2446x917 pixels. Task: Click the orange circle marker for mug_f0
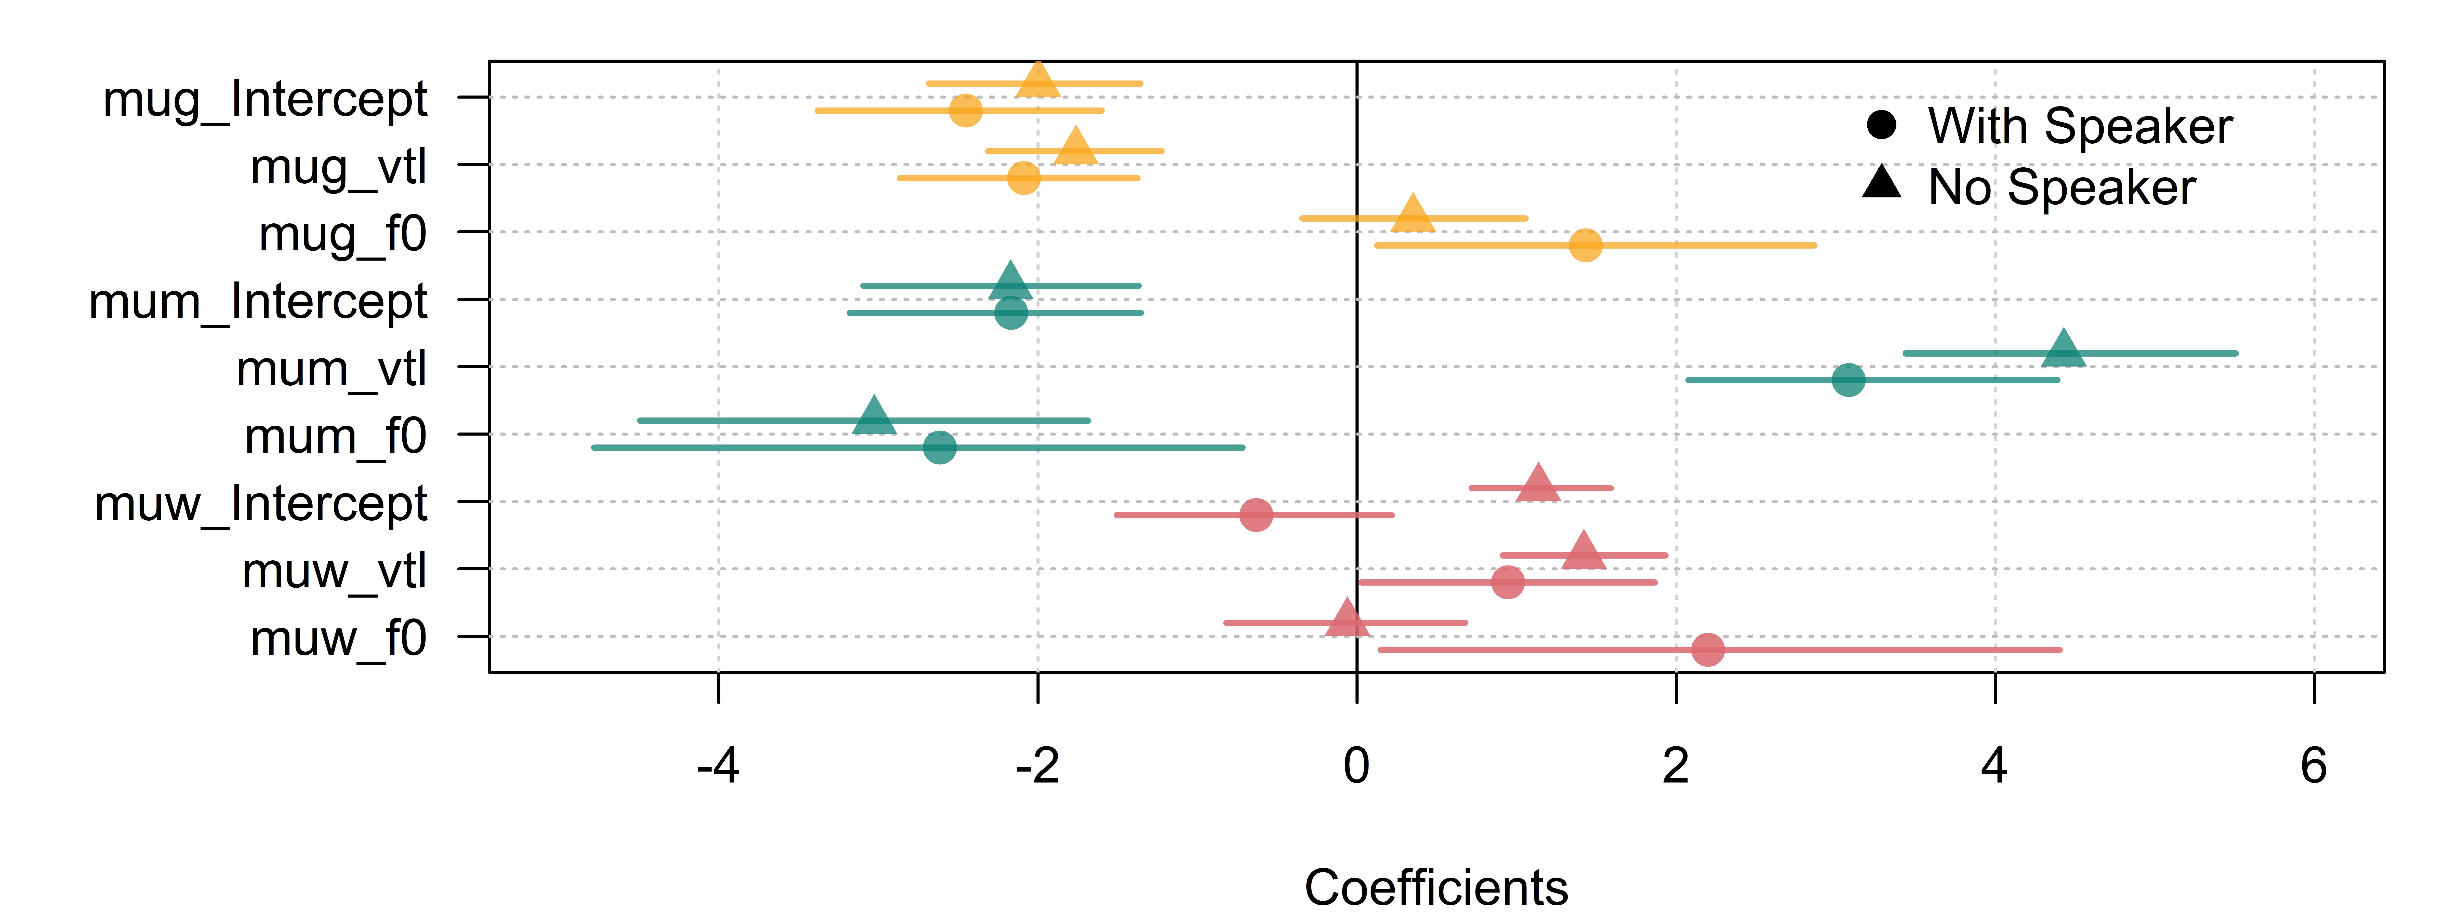point(1585,245)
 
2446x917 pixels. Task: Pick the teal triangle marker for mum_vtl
point(2062,349)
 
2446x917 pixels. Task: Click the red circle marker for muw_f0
point(1707,649)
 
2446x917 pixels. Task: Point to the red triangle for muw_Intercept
point(1538,484)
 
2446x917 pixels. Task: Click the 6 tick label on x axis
point(2314,765)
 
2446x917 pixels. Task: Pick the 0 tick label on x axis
point(1357,765)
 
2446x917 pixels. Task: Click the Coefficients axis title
point(1436,887)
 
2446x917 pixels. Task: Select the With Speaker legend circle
point(1881,124)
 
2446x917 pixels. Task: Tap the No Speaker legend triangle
point(1881,182)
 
